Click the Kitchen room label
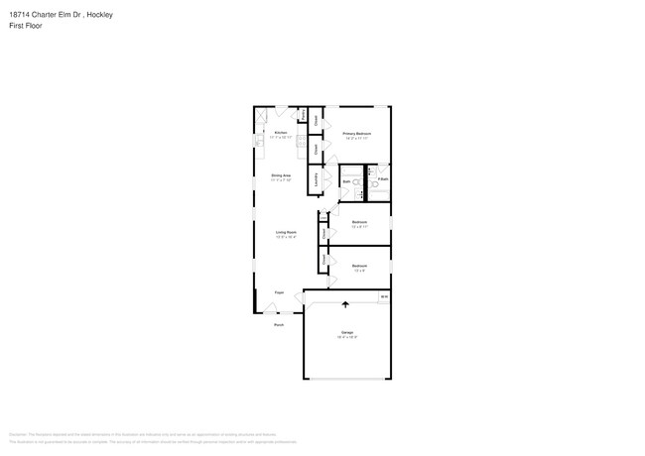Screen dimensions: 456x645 click(281, 132)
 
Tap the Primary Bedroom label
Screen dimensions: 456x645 click(357, 133)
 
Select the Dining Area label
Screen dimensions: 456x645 click(281, 175)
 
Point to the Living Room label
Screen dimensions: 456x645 click(287, 232)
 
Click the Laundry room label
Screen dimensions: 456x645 click(317, 181)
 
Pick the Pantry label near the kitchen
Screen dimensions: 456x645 click(303, 114)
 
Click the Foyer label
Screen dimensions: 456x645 click(280, 292)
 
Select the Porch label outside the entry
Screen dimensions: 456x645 click(279, 324)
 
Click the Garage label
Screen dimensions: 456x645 click(347, 332)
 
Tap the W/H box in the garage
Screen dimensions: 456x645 click(383, 296)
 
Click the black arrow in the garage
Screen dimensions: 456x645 click(345, 304)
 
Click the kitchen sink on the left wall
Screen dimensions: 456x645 click(258, 141)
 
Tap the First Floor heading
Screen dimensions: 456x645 click(25, 26)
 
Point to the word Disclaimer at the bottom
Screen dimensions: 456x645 click(18, 434)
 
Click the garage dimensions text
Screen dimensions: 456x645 click(347, 337)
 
